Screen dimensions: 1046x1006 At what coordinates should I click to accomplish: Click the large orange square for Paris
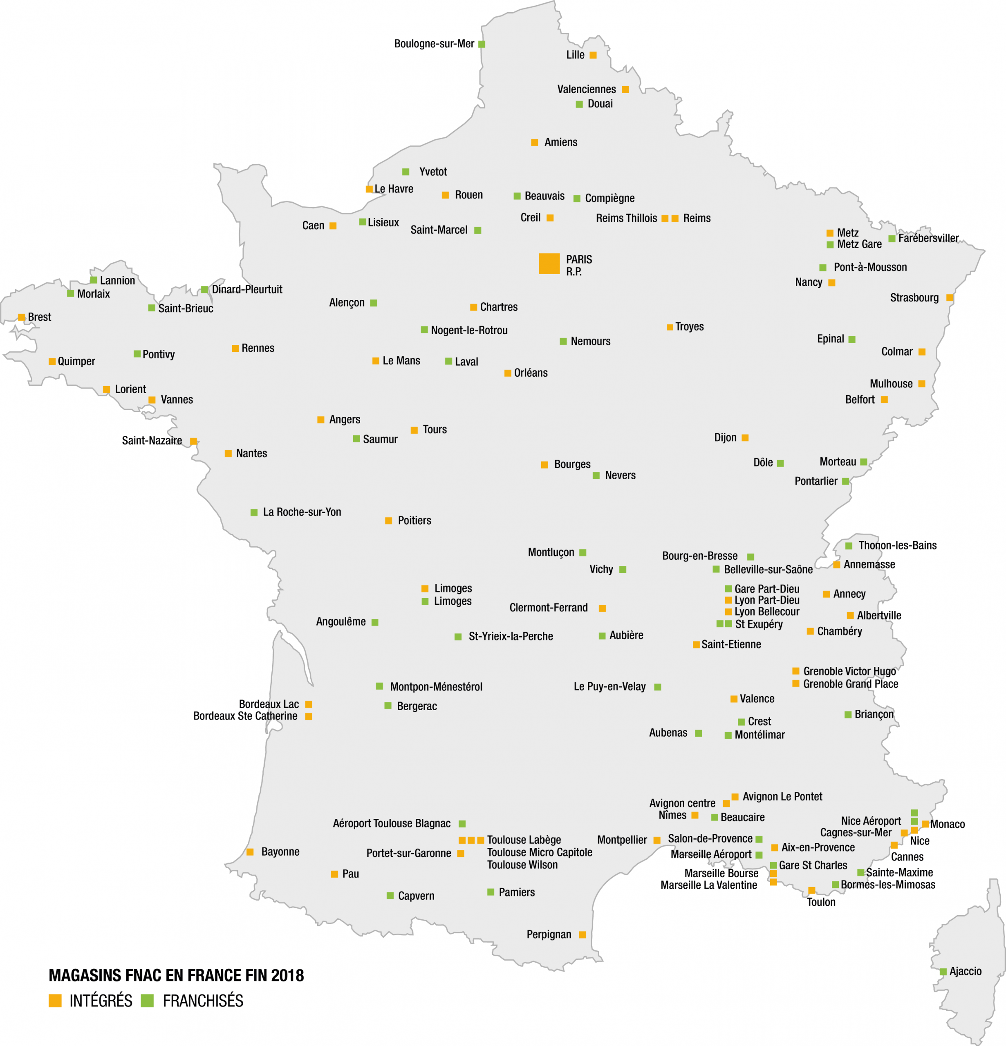(549, 264)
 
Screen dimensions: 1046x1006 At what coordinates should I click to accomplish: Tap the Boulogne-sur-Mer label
(434, 44)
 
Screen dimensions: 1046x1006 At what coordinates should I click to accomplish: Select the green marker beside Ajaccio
(943, 972)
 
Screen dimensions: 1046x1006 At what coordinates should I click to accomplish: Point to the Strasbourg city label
(914, 298)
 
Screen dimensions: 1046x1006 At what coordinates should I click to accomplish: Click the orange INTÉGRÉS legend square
(55, 1001)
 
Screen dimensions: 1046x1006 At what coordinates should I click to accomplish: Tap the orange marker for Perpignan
(583, 934)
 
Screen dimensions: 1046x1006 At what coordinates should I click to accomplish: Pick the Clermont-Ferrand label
(549, 608)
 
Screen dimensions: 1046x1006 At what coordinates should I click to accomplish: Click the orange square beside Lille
(593, 55)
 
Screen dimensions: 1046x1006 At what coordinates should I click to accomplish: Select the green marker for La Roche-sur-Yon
(254, 512)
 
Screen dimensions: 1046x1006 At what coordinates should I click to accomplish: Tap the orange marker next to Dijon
(745, 438)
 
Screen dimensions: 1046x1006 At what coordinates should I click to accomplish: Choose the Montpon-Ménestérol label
(436, 687)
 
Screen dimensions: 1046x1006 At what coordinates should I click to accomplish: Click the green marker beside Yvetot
(406, 172)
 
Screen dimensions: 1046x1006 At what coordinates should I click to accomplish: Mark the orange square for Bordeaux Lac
(309, 704)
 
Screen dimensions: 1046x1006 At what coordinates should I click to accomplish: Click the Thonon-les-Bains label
(897, 545)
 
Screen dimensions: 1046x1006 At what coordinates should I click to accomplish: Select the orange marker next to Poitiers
(389, 521)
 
